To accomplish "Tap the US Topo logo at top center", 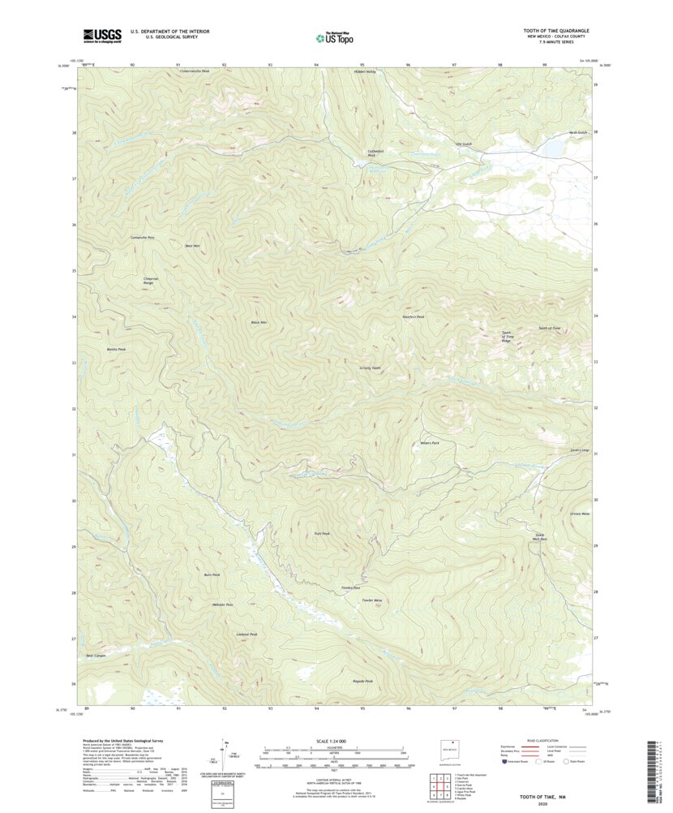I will click(x=334, y=37).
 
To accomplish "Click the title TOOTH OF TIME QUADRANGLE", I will click(x=555, y=30).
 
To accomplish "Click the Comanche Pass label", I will click(x=142, y=237).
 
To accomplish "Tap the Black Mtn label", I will click(x=259, y=322).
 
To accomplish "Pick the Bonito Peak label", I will click(x=117, y=349).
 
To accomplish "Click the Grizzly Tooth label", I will click(x=370, y=368).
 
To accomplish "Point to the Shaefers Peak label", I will click(x=414, y=316).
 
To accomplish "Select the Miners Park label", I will click(x=430, y=443).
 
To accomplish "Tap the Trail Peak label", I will click(x=321, y=533).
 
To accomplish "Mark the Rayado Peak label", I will click(x=363, y=681).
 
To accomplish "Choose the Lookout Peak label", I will click(x=247, y=634).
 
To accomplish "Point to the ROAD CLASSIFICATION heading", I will click(x=542, y=741).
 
